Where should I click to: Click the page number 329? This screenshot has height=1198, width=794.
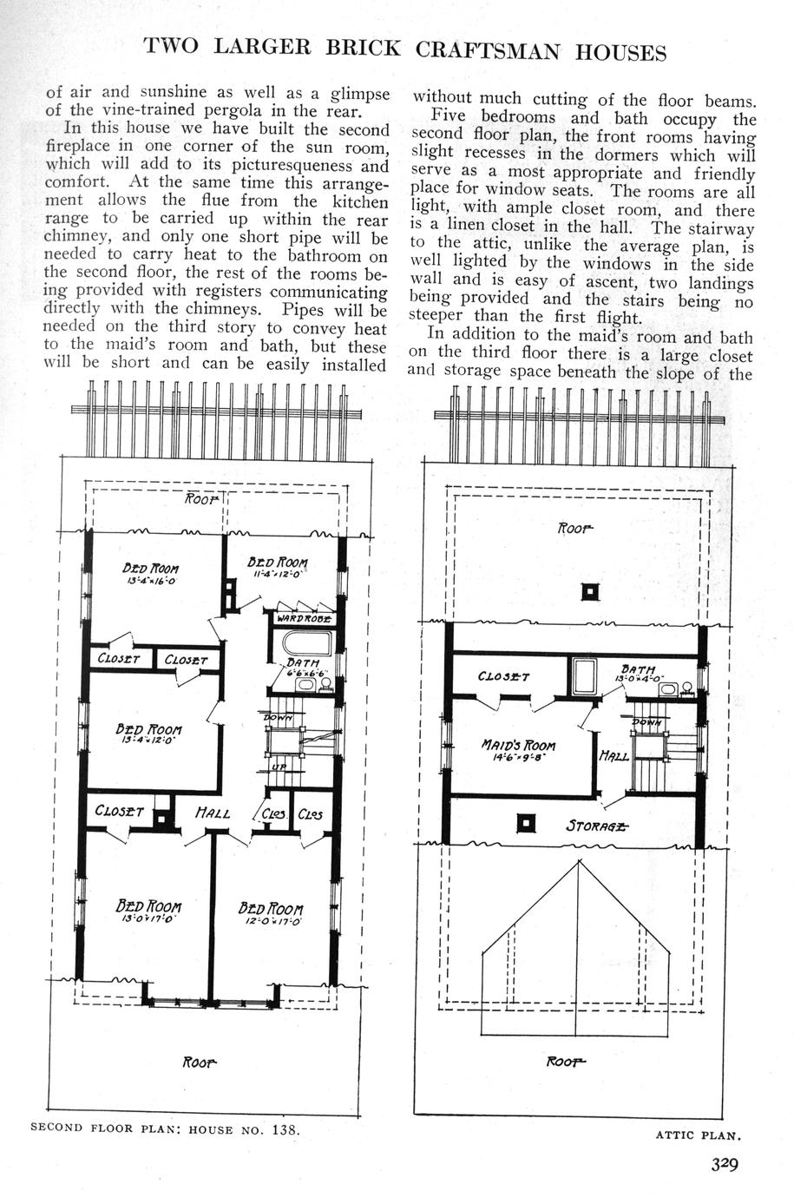(720, 1165)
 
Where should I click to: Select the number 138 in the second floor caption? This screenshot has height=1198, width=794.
(282, 1129)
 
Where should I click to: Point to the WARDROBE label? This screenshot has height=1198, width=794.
(302, 619)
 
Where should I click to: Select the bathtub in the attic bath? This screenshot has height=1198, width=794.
(583, 676)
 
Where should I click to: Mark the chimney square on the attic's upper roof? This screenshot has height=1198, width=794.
(590, 591)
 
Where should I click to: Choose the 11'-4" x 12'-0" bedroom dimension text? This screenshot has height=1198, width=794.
(277, 574)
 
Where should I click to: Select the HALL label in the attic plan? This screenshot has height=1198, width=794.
(614, 757)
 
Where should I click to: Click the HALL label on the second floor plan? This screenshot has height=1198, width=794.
(211, 813)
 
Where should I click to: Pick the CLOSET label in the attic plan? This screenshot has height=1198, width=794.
(503, 676)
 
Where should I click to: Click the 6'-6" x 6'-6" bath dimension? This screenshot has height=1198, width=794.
(305, 675)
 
